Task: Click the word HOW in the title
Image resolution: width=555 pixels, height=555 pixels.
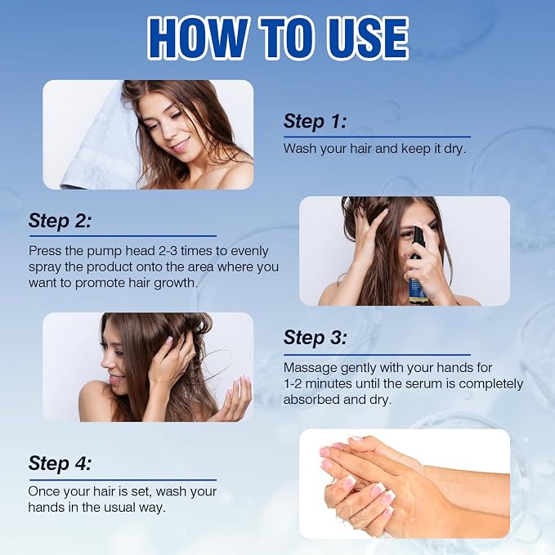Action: (198, 38)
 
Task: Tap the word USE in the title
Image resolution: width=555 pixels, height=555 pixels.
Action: (367, 38)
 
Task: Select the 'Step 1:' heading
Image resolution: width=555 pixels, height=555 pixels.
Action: (315, 122)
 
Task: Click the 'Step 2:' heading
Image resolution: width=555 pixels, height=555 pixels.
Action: (60, 221)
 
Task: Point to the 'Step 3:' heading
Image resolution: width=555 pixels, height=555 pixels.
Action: (315, 338)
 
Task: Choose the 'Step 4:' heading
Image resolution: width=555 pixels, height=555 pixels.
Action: (60, 463)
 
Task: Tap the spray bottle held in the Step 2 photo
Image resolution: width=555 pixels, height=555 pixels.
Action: (418, 265)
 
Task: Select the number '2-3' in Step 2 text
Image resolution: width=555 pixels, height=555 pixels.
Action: (168, 251)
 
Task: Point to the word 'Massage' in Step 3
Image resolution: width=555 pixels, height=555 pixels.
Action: (311, 368)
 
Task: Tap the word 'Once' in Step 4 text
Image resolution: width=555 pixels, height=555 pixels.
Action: (43, 491)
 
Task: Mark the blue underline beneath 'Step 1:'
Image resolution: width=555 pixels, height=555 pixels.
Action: (377, 137)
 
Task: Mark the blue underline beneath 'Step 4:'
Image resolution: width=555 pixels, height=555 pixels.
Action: (123, 480)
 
